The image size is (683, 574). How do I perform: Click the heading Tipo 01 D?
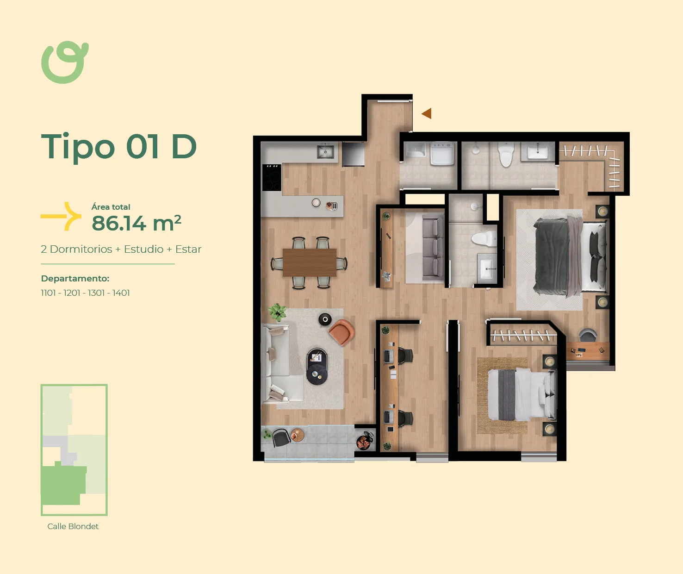click(x=119, y=147)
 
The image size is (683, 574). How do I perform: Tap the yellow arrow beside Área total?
click(x=61, y=216)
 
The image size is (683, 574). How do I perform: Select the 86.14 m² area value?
click(x=137, y=223)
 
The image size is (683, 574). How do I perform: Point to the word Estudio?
click(x=143, y=249)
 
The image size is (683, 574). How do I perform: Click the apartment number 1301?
click(x=97, y=293)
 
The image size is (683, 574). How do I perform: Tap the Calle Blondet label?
click(x=73, y=526)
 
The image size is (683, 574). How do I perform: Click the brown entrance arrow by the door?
click(x=427, y=113)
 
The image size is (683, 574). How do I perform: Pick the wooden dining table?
click(x=310, y=263)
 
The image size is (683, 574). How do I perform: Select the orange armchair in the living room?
click(x=342, y=332)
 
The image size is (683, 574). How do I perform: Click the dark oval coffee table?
click(x=317, y=366)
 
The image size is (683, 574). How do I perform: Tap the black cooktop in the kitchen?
click(x=272, y=177)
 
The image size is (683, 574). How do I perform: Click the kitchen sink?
click(x=325, y=151)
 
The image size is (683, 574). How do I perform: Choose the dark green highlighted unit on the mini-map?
click(x=63, y=484)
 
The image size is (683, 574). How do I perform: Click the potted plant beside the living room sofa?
click(x=277, y=312)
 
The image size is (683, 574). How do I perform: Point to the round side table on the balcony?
click(x=298, y=436)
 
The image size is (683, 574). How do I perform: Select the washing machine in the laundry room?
click(x=442, y=154)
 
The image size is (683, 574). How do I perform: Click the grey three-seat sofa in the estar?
click(x=433, y=248)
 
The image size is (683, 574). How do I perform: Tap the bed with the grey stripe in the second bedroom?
click(x=522, y=394)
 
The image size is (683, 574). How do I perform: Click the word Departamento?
click(x=75, y=279)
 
